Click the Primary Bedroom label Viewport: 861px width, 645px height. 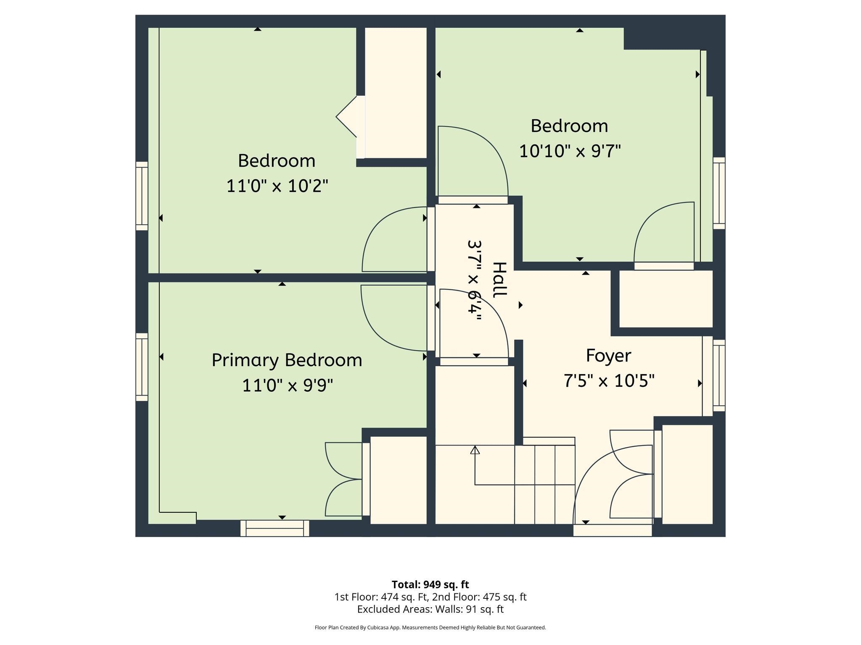(x=287, y=360)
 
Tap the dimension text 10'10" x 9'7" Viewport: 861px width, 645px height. (x=570, y=151)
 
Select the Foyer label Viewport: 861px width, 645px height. (x=608, y=356)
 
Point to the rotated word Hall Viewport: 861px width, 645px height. (x=500, y=280)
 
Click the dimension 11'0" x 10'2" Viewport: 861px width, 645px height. (x=277, y=186)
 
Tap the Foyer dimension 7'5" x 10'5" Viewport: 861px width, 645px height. (x=609, y=381)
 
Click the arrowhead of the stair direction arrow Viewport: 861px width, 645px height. (x=475, y=450)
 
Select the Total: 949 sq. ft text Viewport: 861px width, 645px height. (x=430, y=585)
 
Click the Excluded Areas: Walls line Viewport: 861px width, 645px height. (x=430, y=609)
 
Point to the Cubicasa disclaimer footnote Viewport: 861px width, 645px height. (x=430, y=627)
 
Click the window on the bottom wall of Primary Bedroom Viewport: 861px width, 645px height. (x=275, y=529)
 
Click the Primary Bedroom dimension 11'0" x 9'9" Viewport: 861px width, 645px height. (x=287, y=385)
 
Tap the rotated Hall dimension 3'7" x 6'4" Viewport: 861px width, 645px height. (x=475, y=280)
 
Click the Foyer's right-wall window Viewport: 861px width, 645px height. (x=719, y=375)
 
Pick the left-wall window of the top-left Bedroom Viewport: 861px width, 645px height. (x=142, y=196)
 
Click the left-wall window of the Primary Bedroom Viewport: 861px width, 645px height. (x=142, y=367)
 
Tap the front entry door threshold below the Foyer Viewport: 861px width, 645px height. (x=613, y=531)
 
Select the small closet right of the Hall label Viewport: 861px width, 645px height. (x=666, y=299)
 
